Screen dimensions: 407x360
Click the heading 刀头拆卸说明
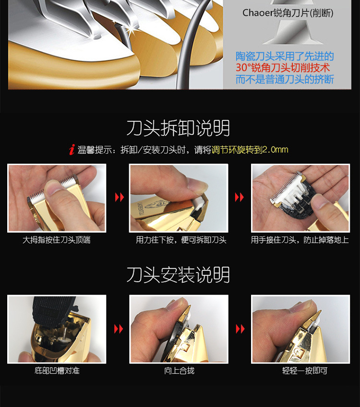coord(178,129)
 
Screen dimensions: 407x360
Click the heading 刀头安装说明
coord(178,275)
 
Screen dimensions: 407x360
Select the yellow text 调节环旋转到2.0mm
coord(250,150)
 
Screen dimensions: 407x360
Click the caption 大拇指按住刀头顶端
coord(57,240)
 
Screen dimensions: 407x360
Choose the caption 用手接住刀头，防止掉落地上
coord(300,240)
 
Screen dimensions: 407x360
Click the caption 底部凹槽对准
coord(56,371)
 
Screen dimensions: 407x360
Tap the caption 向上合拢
coord(179,371)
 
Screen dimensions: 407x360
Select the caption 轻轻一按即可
coord(300,371)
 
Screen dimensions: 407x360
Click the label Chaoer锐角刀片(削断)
coord(288,13)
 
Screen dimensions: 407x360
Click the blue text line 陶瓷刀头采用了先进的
coord(285,57)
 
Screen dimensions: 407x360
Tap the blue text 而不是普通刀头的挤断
coord(285,80)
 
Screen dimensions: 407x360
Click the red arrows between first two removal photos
coord(119,198)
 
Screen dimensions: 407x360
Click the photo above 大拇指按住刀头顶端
coord(57,198)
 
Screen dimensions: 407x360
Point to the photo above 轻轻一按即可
coord(300,329)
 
